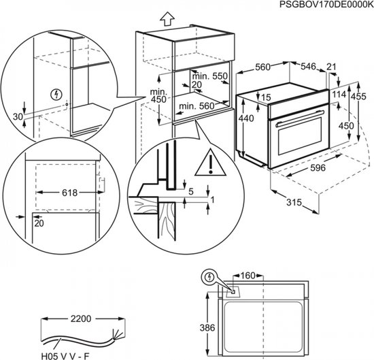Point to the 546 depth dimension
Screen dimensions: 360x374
point(309,67)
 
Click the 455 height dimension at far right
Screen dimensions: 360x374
point(364,96)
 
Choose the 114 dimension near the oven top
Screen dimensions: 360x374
point(339,95)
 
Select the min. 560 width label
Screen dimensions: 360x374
point(195,106)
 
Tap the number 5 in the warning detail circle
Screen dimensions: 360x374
point(191,191)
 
